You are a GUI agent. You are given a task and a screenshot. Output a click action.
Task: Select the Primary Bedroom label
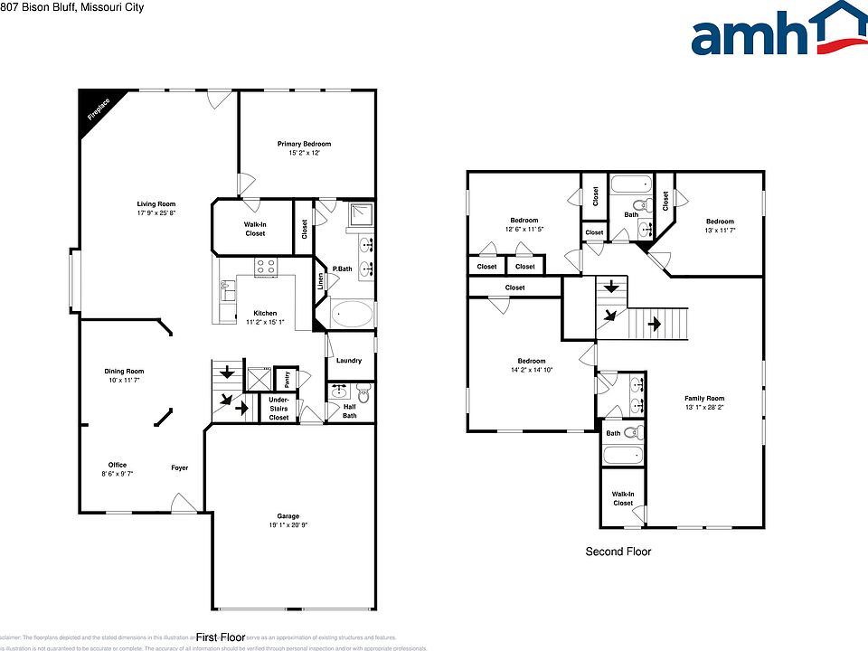point(304,144)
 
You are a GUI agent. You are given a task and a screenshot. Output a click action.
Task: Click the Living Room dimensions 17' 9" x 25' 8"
point(156,213)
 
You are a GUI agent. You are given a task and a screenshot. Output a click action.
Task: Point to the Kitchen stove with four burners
point(266,267)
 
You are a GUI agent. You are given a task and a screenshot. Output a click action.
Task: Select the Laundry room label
point(349,361)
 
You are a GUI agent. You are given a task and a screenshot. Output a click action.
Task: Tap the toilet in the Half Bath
point(363,393)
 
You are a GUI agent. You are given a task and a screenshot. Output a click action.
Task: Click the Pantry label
point(282,374)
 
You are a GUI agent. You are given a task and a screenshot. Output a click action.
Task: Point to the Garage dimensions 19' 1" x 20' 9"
point(288,525)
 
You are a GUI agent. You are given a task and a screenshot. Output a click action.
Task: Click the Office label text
point(118,465)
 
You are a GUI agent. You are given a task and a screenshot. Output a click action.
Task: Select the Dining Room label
point(124,371)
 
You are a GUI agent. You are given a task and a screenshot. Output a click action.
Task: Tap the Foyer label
point(180,467)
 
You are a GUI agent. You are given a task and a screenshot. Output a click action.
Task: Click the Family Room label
point(703,398)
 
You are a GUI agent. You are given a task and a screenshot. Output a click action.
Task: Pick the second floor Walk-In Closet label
point(623,498)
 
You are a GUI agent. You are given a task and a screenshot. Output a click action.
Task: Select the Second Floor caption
point(618,552)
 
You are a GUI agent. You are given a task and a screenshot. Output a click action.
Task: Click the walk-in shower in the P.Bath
point(362,217)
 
